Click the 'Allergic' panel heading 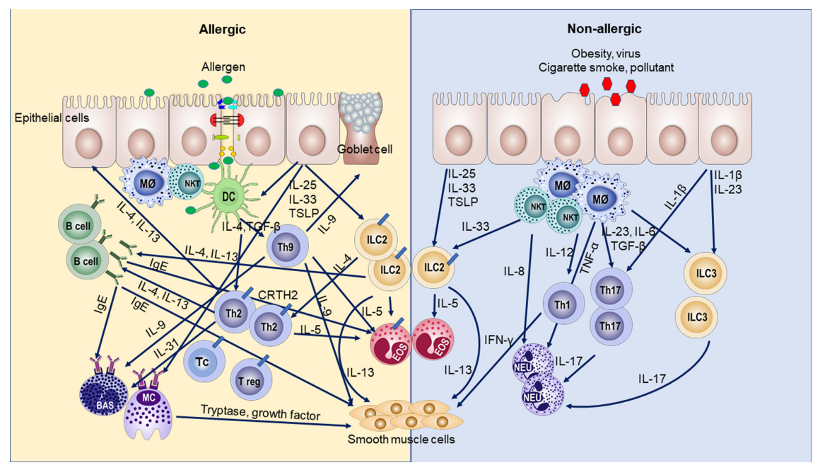[222, 29]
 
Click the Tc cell [202, 362]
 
